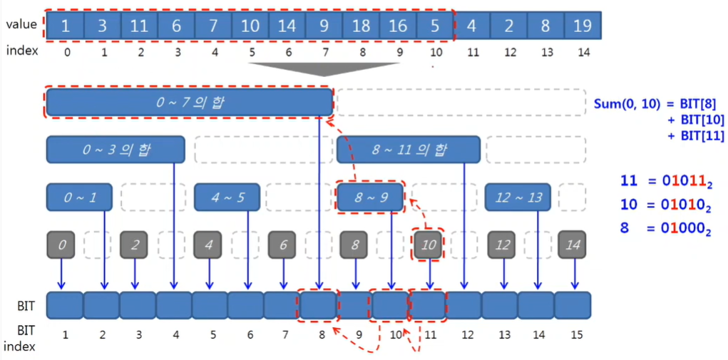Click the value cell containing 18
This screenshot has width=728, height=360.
tap(361, 26)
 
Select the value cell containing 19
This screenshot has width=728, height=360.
tap(582, 26)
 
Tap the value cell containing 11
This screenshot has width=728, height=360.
tap(139, 26)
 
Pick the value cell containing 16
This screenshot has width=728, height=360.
tap(397, 26)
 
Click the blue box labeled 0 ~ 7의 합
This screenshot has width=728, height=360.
tap(190, 102)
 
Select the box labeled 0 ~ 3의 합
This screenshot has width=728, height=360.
tap(115, 150)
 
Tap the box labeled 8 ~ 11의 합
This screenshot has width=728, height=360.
tap(409, 150)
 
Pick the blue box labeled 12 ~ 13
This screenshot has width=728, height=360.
tap(518, 197)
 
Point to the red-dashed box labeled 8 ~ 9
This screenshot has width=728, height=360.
tap(370, 197)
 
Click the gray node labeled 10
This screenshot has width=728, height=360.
tap(429, 245)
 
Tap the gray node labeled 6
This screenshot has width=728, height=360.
tap(282, 245)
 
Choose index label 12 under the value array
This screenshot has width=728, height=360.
tap(508, 52)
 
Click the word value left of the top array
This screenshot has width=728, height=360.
tap(21, 24)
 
